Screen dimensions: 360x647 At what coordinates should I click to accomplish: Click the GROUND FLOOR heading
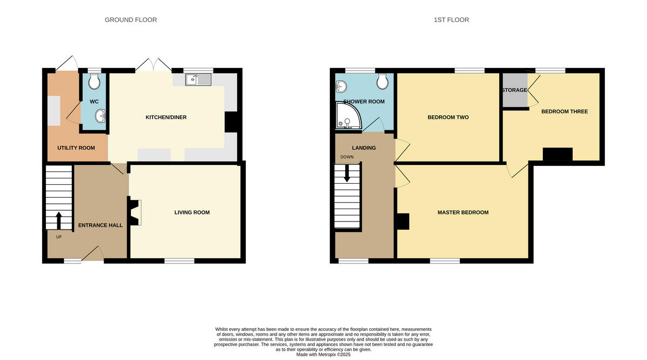(130, 20)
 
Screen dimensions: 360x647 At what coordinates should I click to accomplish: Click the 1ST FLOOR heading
(451, 20)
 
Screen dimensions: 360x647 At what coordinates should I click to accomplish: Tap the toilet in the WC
(94, 81)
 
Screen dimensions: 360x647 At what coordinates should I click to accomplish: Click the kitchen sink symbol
(198, 80)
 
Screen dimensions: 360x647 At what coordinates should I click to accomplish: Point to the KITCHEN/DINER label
(166, 117)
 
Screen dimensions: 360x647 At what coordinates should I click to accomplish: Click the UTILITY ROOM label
(76, 148)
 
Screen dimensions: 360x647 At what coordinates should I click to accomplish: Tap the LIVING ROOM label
(192, 213)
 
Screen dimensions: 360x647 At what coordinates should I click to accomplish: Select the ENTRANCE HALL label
(100, 225)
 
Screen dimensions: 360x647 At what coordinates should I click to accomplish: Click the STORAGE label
(514, 90)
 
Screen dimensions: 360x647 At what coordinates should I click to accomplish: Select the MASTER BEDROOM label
(463, 213)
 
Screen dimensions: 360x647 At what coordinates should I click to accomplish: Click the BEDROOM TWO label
(448, 117)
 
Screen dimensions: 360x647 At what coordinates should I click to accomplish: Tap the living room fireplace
(135, 212)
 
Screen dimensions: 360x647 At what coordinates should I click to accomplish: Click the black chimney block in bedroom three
(557, 154)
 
